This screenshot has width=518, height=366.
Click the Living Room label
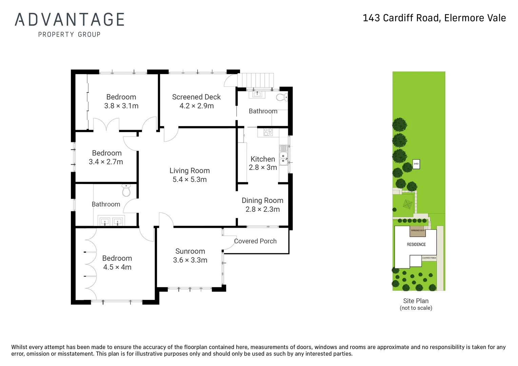[190, 171]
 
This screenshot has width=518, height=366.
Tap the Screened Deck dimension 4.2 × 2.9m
[197, 106]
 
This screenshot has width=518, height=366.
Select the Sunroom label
[190, 251]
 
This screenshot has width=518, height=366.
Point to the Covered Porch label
[255, 241]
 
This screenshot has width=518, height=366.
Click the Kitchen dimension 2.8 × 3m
[263, 167]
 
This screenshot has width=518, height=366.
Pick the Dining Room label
[262, 201]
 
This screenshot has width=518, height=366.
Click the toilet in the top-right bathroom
[282, 98]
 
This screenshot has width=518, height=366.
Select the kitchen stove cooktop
[268, 132]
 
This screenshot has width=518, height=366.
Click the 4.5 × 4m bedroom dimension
[117, 267]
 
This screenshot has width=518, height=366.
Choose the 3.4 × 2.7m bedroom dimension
[106, 162]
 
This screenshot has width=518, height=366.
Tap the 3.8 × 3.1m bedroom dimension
[121, 106]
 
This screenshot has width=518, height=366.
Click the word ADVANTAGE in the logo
[70, 20]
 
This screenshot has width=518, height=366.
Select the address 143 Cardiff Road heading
[434, 18]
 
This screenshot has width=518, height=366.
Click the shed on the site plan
[416, 164]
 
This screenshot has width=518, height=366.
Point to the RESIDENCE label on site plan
[416, 244]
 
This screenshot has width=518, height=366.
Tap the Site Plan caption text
[416, 301]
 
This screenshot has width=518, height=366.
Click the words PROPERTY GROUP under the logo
[69, 35]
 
